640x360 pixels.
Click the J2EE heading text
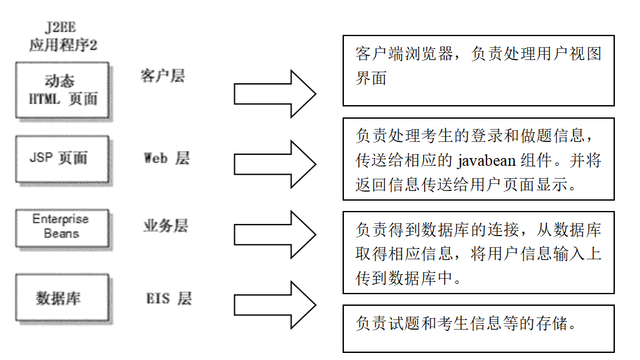point(63,28)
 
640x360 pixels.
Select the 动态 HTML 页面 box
point(62,90)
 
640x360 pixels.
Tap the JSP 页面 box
point(62,159)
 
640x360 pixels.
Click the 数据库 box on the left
point(62,298)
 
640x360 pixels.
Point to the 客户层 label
point(163,76)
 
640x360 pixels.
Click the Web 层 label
point(166,159)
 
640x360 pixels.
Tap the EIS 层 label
point(168,298)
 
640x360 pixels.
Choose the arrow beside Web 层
point(274,166)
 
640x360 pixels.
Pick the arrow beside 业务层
point(274,234)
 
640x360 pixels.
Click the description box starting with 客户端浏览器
point(478,70)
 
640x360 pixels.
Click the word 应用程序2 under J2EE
point(63,45)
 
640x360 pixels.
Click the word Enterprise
point(61,219)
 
